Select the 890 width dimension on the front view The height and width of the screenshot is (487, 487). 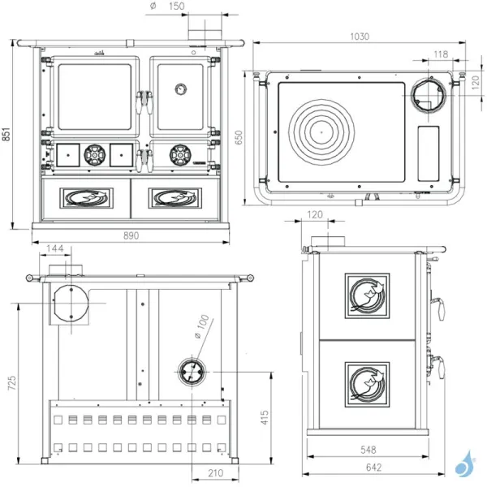click(131, 235)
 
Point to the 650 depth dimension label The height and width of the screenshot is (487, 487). click(239, 137)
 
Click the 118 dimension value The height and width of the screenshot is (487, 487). click(441, 54)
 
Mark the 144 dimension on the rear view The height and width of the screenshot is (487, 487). click(56, 248)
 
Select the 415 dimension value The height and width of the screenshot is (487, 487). click(263, 417)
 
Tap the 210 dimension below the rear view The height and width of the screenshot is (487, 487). click(215, 473)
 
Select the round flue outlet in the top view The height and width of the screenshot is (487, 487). click(425, 96)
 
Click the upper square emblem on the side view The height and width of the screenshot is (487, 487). click(368, 295)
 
